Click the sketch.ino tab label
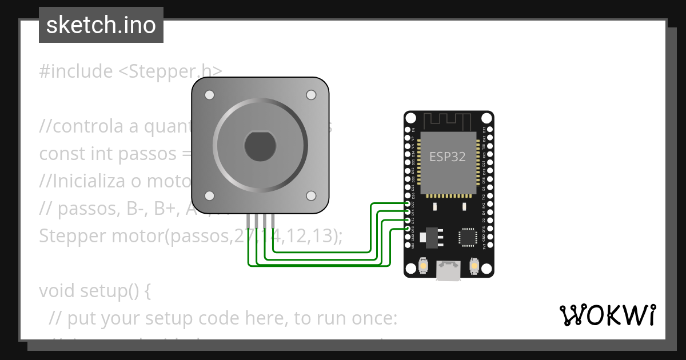101,25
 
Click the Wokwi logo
607,315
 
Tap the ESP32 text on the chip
447,157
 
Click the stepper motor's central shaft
260,146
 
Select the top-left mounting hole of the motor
210,95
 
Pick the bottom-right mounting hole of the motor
311,196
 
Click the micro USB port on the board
448,270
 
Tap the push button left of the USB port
423,266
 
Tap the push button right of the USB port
473,266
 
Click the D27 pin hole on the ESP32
409,204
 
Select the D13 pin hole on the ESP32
409,229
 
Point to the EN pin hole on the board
409,130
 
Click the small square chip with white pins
467,237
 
